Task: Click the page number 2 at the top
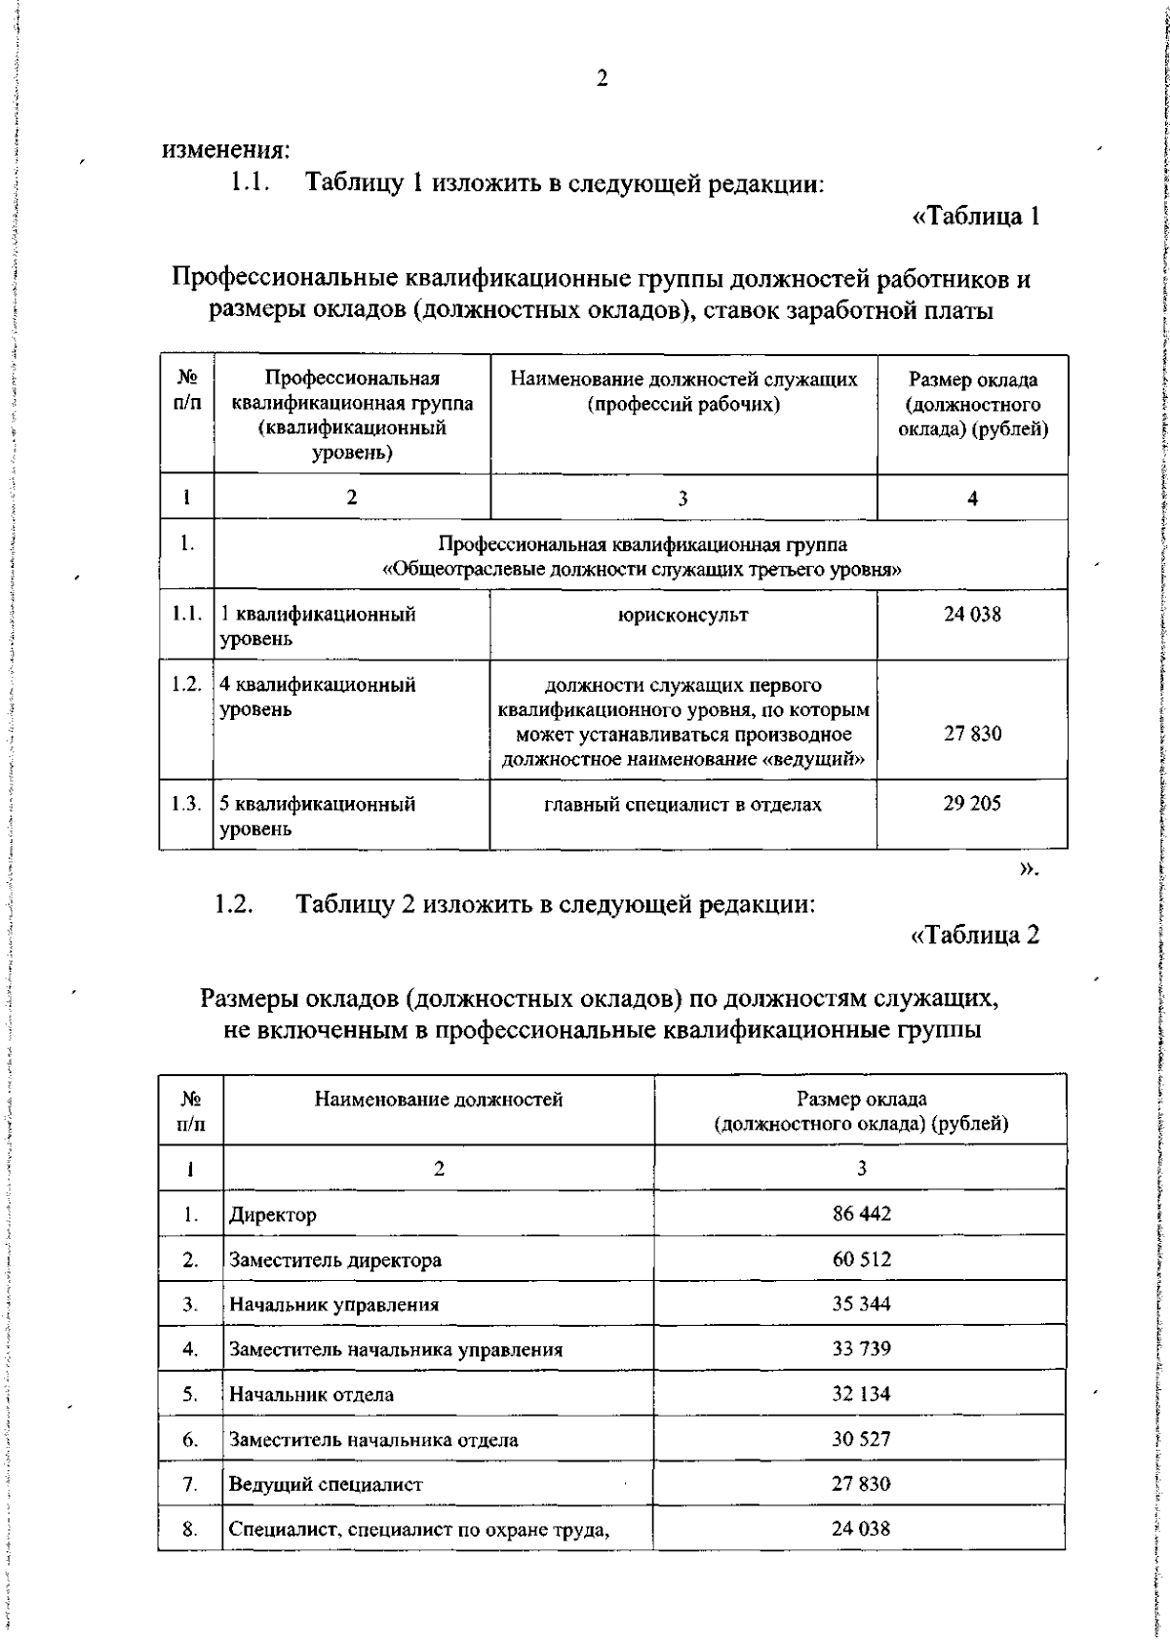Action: [602, 80]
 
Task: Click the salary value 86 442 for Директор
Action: [861, 1214]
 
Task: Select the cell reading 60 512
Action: [861, 1259]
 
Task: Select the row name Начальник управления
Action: [333, 1304]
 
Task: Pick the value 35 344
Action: [861, 1303]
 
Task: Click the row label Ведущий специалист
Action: [326, 1484]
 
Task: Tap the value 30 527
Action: [861, 1438]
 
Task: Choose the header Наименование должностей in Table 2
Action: [438, 1100]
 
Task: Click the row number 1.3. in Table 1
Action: [185, 804]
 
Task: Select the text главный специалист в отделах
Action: [682, 804]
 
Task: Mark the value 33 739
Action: [861, 1348]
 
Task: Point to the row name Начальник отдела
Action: [311, 1394]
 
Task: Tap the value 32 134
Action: [861, 1393]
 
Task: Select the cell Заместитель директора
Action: [334, 1260]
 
